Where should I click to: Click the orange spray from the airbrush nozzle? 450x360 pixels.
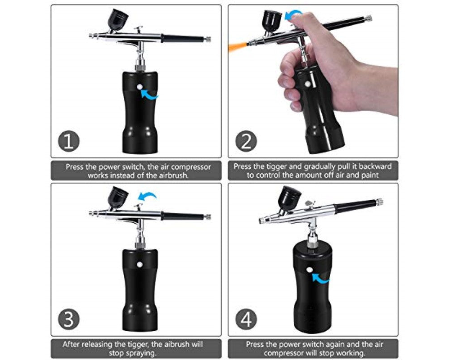238,44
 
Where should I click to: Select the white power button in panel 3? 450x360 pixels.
139,265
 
